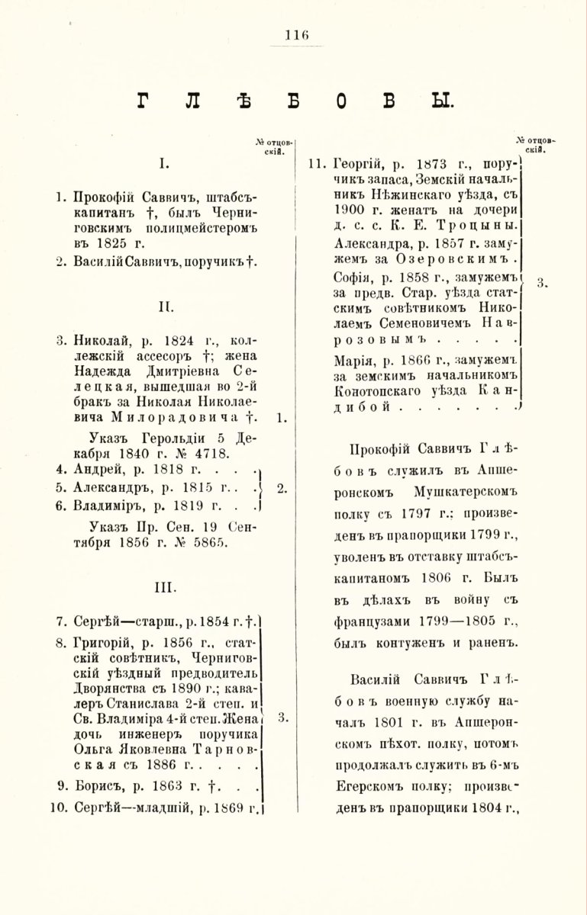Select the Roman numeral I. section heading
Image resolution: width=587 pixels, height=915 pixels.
point(163,162)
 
